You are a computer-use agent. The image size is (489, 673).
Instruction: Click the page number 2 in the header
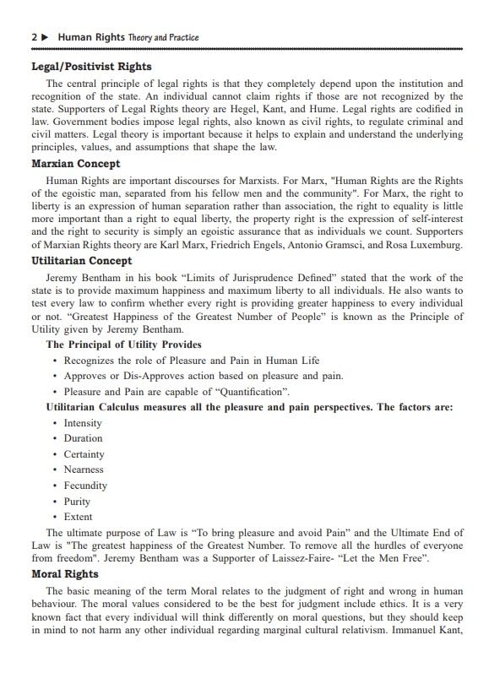click(x=33, y=38)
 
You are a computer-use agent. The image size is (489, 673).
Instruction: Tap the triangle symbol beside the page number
click(x=46, y=38)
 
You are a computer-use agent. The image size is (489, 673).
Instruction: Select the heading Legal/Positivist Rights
click(x=91, y=67)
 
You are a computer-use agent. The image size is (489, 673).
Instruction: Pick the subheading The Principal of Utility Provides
click(x=123, y=345)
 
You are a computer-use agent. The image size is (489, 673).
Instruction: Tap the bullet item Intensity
click(x=83, y=423)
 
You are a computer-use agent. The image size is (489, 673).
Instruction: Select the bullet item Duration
click(x=83, y=438)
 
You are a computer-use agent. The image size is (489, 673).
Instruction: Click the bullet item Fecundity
click(x=85, y=486)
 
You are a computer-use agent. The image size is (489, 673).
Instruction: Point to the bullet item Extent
click(x=78, y=517)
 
